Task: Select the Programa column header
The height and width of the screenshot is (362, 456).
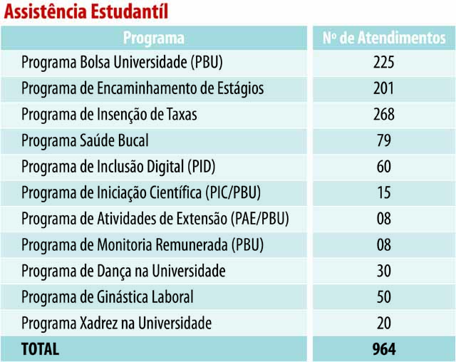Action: pos(153,38)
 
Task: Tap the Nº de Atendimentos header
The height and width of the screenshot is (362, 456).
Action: pos(383,38)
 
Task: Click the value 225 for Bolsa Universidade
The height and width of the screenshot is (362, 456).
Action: pos(383,63)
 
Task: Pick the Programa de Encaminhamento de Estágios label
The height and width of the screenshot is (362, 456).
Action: pos(142,89)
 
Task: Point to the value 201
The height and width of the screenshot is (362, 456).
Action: pos(383,89)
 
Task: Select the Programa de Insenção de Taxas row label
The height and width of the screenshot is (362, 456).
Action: pos(109,115)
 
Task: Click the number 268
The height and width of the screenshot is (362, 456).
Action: pos(383,115)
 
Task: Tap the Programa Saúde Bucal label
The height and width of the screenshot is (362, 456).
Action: pos(85,141)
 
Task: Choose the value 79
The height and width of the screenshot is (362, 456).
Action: pos(383,141)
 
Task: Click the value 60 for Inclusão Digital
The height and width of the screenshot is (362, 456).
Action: pos(383,167)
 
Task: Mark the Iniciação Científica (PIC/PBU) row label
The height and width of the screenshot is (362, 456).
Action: pos(140,193)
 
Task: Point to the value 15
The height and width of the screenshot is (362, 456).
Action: pos(383,193)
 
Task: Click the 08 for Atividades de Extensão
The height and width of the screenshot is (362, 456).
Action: pos(383,219)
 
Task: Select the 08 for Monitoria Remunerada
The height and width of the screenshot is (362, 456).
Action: pos(383,245)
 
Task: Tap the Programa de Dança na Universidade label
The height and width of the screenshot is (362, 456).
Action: pos(123,271)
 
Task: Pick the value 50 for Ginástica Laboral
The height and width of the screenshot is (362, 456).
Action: pos(383,297)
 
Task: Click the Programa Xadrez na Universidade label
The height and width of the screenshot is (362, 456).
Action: pos(116,323)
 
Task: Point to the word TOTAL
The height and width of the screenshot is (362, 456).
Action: pos(41,349)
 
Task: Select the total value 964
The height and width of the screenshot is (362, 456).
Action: pos(383,349)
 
